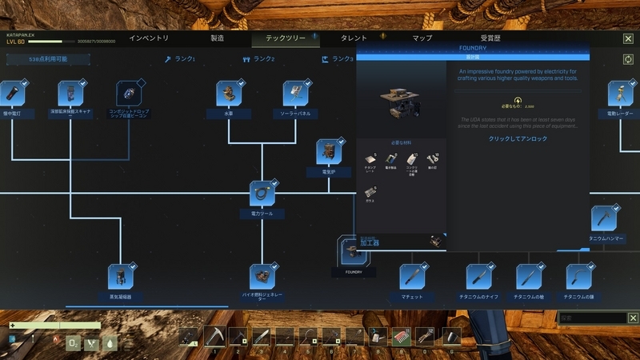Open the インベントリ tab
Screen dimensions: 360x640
pyautogui.click(x=149, y=38)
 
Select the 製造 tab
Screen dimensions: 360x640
pyautogui.click(x=217, y=38)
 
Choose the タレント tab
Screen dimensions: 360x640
pyautogui.click(x=354, y=38)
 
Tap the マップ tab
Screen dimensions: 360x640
pyautogui.click(x=422, y=38)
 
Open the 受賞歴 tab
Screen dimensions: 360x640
pyautogui.click(x=490, y=38)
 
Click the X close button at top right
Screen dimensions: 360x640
pyautogui.click(x=628, y=38)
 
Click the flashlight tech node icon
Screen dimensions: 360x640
pyautogui.click(x=13, y=94)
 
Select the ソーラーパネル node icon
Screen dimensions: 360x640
pyautogui.click(x=295, y=94)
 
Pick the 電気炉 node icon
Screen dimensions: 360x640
pyautogui.click(x=329, y=151)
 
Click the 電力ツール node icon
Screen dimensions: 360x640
pyautogui.click(x=262, y=194)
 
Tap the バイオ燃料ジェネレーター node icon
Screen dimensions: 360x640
pyautogui.click(x=262, y=276)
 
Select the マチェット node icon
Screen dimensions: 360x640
pyautogui.click(x=413, y=277)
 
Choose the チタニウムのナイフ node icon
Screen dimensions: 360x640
pyautogui.click(x=479, y=277)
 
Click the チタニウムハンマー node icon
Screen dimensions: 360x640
pyautogui.click(x=603, y=218)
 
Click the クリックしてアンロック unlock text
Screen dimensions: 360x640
pyautogui.click(x=518, y=138)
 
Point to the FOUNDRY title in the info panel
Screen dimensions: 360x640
pyautogui.click(x=473, y=49)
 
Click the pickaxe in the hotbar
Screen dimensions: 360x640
pyautogui.click(x=214, y=337)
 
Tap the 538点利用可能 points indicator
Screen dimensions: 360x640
pyautogui.click(x=48, y=59)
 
